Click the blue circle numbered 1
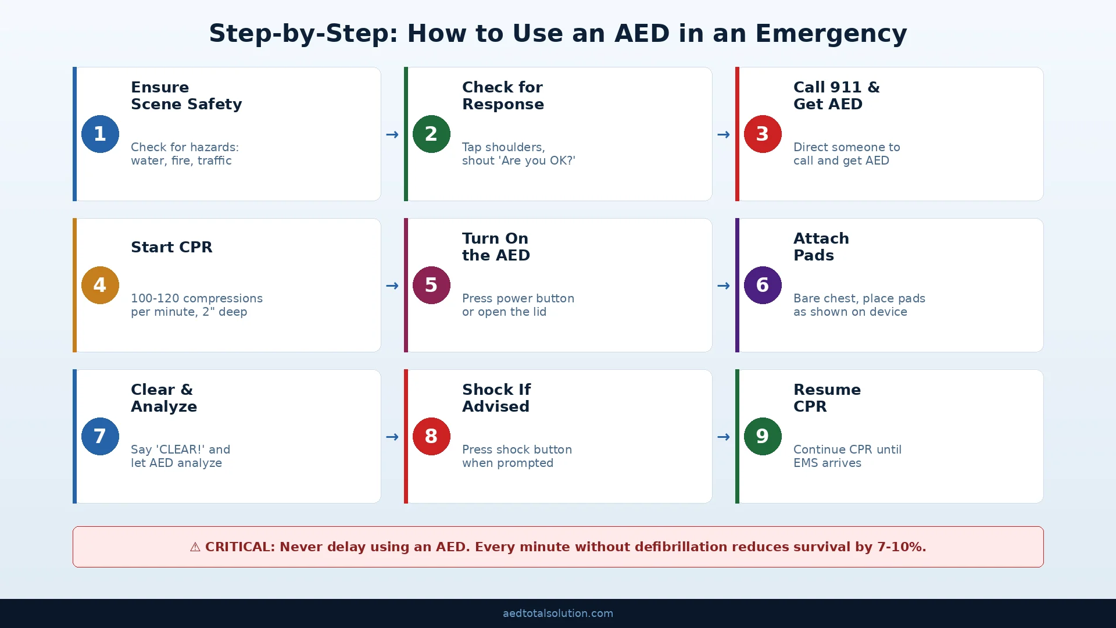coord(100,134)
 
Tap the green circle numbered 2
coord(431,134)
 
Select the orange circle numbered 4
coord(100,285)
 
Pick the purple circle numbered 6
coord(763,285)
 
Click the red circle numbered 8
coord(431,436)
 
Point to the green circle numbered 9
coord(763,436)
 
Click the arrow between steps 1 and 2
coord(392,134)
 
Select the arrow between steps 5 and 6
coord(724,286)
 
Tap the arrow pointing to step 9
coord(724,437)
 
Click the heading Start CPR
coord(171,247)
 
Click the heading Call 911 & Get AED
coord(836,95)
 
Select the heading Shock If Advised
coord(496,398)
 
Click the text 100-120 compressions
coord(196,298)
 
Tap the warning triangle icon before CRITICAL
coord(195,547)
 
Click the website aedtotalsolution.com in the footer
coord(558,613)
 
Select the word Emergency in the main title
coord(831,34)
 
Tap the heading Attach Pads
coord(821,247)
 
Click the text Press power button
coord(518,298)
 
